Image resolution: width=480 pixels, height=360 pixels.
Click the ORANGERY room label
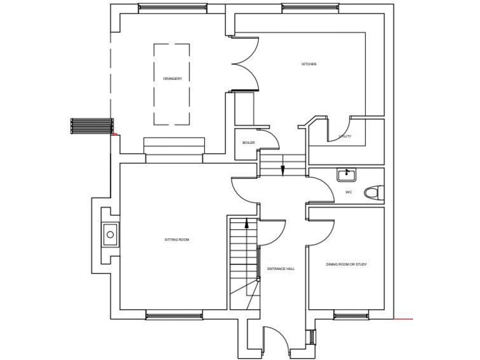click(x=172, y=79)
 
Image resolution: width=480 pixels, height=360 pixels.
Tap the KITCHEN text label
click(x=309, y=64)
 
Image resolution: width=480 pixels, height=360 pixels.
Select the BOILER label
click(x=248, y=143)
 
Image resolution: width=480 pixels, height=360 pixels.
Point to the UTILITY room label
click(x=344, y=136)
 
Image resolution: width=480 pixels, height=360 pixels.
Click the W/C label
click(x=348, y=192)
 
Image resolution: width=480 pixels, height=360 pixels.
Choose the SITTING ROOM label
click(x=176, y=240)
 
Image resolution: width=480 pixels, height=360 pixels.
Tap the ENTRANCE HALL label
click(x=281, y=269)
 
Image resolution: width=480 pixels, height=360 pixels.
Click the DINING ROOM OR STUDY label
click(x=346, y=264)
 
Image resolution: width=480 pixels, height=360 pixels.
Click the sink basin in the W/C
click(x=345, y=174)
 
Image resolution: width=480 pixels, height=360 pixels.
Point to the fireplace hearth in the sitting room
click(x=110, y=236)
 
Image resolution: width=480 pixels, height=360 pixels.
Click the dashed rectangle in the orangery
click(x=172, y=83)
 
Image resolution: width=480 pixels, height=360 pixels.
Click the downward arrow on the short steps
click(x=282, y=169)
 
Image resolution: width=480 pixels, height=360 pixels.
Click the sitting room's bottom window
click(x=174, y=316)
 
